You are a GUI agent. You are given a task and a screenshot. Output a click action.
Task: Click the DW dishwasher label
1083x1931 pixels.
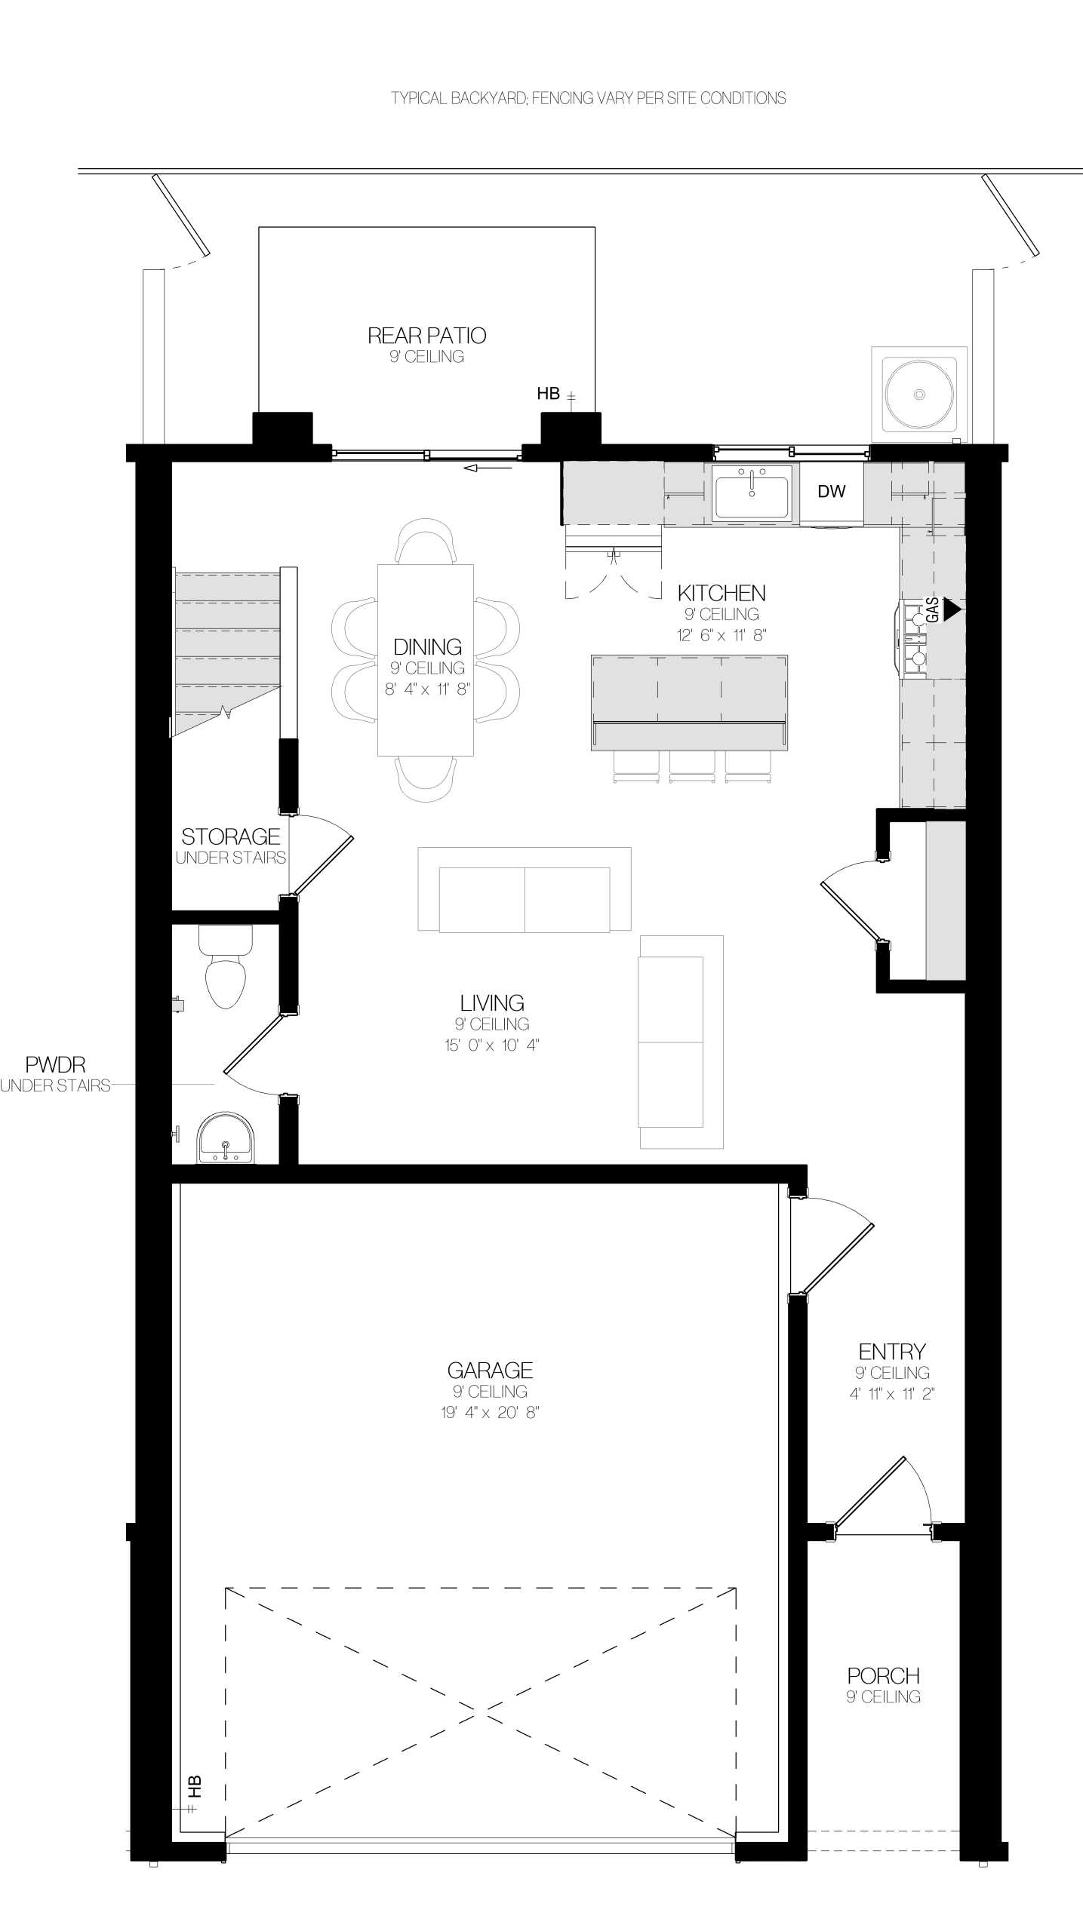(x=832, y=491)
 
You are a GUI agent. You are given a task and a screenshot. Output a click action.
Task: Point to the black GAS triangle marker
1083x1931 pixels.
(x=953, y=609)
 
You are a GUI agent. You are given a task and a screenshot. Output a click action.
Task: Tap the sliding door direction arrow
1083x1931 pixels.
(x=488, y=468)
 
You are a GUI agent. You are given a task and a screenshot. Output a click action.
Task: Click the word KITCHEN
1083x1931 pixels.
(x=721, y=593)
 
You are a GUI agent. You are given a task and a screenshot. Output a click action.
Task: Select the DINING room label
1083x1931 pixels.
(x=427, y=646)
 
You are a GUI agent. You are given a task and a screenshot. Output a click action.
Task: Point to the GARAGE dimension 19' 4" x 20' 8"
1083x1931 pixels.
(x=491, y=1412)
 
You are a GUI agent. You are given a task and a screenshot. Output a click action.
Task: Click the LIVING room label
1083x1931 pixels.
(x=492, y=1002)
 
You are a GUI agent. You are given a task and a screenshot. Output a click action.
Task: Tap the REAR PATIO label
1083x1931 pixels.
(x=426, y=335)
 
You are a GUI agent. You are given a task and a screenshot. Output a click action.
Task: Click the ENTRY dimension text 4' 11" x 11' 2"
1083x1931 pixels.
(x=892, y=1394)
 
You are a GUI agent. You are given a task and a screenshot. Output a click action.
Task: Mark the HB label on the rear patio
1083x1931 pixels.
(x=549, y=393)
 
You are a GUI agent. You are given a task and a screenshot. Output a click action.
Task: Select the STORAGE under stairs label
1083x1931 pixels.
(x=230, y=837)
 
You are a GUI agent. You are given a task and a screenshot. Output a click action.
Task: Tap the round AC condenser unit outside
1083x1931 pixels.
(x=919, y=394)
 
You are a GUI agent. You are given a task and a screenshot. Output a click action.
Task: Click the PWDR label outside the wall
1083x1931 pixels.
(x=55, y=1065)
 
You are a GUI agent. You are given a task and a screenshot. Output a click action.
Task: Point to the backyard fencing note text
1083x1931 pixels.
(x=589, y=98)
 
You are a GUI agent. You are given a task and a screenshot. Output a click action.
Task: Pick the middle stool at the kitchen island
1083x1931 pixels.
(x=692, y=766)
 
